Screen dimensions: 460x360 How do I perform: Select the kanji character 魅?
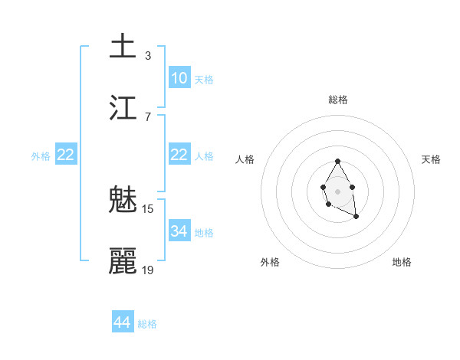[123, 201]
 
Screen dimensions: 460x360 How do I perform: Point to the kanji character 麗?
[123, 262]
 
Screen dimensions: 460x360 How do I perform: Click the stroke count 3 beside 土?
[148, 55]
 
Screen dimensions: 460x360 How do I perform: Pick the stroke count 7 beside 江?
[148, 116]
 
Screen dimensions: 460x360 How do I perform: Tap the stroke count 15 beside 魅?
[148, 209]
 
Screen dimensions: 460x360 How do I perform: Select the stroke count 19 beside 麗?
[148, 270]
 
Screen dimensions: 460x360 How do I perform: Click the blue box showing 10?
[179, 77]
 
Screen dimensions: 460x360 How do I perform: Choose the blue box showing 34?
[179, 231]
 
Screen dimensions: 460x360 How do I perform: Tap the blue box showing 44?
[123, 322]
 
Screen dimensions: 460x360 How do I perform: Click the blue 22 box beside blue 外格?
[65, 155]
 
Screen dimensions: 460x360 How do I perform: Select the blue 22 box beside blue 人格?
[179, 155]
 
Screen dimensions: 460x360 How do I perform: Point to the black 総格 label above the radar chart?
[338, 100]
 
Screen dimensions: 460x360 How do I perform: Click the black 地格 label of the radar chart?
[402, 262]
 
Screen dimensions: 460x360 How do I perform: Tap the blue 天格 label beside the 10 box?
[204, 80]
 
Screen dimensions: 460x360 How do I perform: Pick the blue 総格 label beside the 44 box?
[147, 324]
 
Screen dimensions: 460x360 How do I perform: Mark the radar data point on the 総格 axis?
[337, 161]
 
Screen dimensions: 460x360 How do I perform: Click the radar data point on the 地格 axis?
[356, 217]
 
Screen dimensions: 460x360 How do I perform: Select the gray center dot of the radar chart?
[337, 190]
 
